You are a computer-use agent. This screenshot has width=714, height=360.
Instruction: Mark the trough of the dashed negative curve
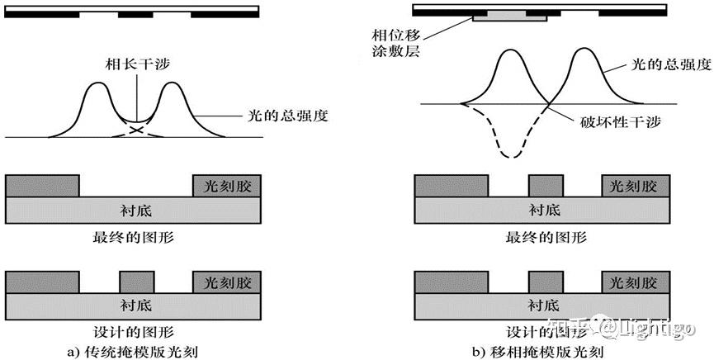[x=513, y=156]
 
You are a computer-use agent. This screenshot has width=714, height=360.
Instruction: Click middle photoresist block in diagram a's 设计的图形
[x=137, y=282]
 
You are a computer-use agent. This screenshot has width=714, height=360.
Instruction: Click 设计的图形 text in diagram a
[x=135, y=334]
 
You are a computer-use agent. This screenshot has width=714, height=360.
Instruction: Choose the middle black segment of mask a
[x=135, y=15]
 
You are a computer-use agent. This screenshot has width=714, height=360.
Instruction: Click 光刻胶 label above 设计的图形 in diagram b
[x=634, y=282]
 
